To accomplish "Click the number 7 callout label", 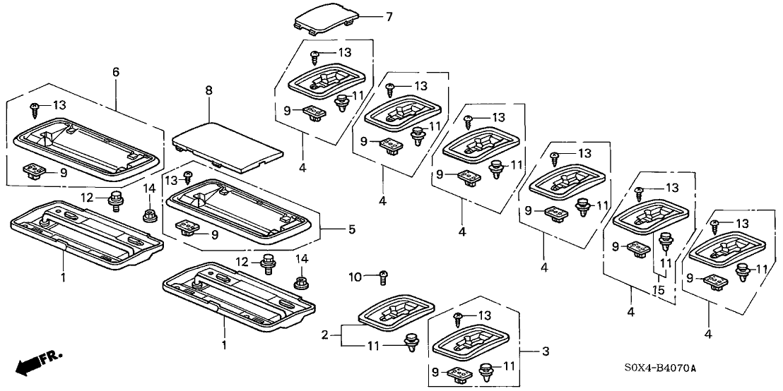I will (387, 16).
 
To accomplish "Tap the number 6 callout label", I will (116, 72).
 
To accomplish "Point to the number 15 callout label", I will (659, 289).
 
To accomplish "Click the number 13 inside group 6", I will (59, 105).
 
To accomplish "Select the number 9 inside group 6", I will (63, 172).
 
